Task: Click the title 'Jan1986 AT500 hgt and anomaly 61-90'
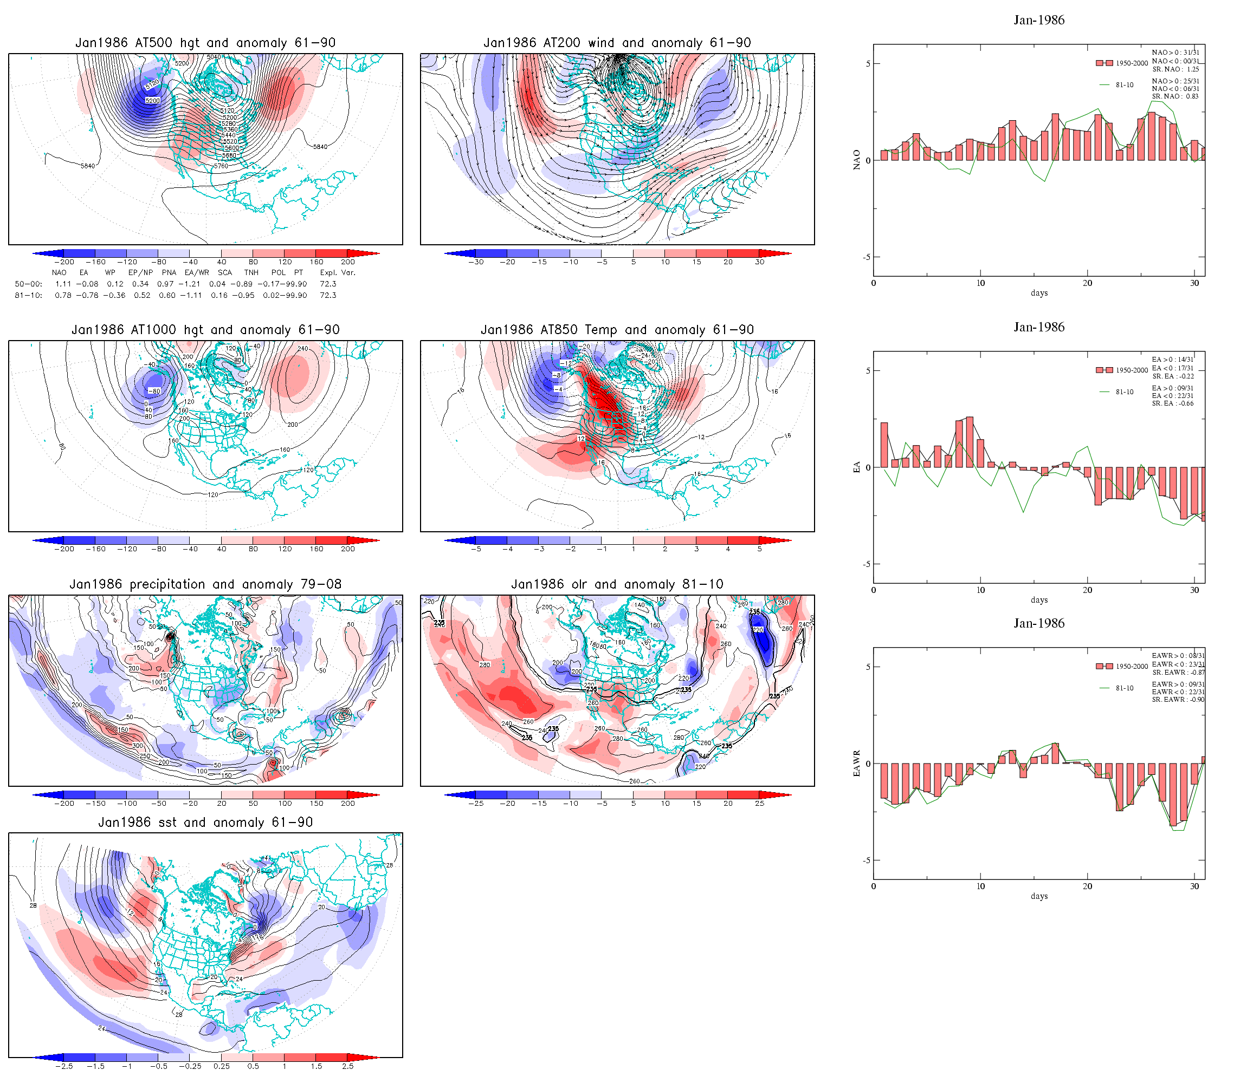pos(205,43)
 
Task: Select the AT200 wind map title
pos(617,43)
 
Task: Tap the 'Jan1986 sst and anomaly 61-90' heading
pos(205,822)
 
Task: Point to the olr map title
pos(617,584)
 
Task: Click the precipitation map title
pos(205,584)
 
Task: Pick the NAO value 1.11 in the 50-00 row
pos(63,284)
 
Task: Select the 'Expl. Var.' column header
pos(338,272)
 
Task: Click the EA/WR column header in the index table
pos(197,272)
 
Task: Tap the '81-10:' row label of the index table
pos(28,296)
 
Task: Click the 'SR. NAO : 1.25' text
pos(1175,69)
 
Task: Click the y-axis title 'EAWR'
pos(856,764)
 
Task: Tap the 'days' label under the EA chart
pos(1039,600)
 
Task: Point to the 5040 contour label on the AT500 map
pos(214,57)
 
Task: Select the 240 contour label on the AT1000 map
pos(302,349)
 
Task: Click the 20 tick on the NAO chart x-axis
pos(1087,283)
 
